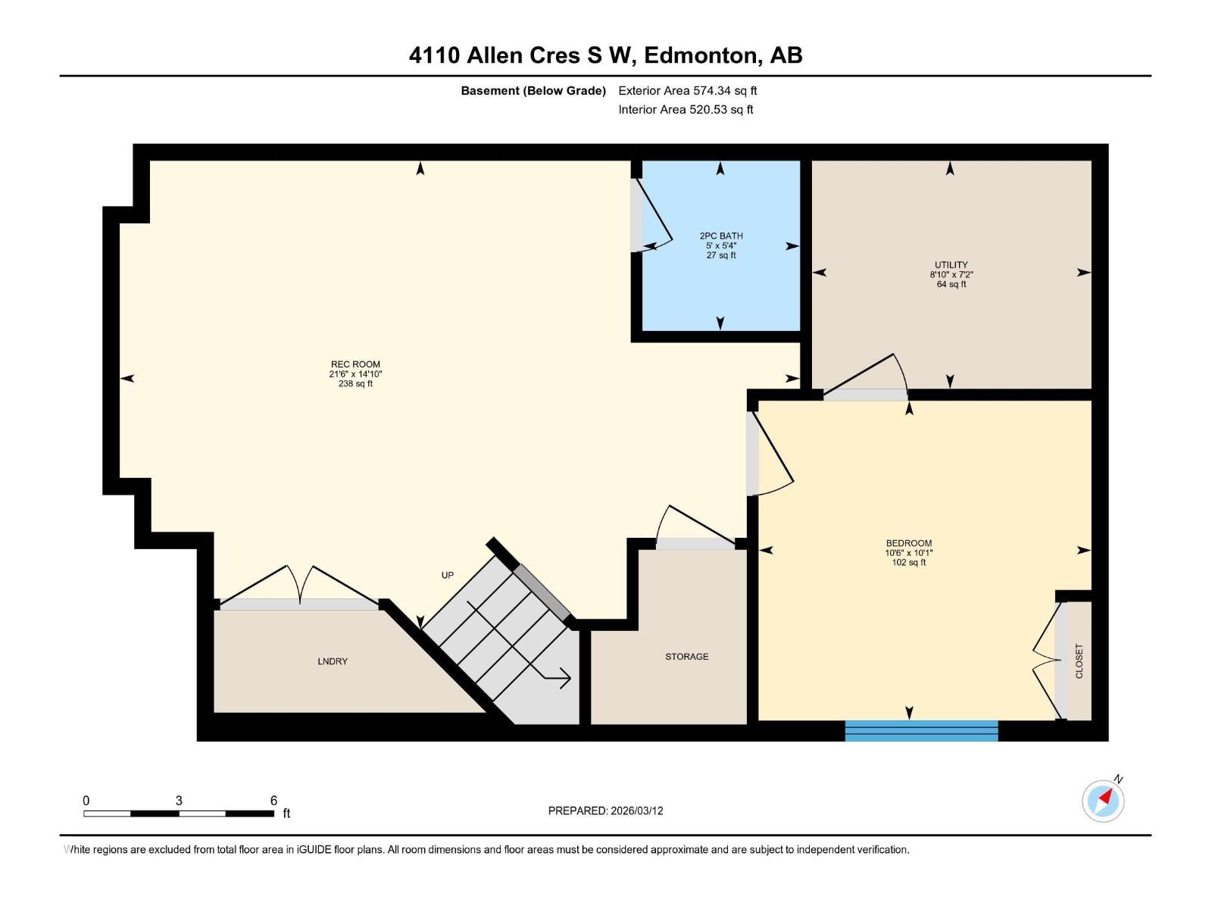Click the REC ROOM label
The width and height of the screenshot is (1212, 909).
pyautogui.click(x=355, y=364)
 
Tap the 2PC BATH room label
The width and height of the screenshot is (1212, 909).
pyautogui.click(x=720, y=236)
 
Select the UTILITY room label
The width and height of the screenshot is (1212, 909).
pyautogui.click(x=951, y=265)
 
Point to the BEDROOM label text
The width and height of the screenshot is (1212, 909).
pyautogui.click(x=908, y=543)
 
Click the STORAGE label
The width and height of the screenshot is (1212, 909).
pyautogui.click(x=686, y=657)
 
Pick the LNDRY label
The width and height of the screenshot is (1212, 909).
pyautogui.click(x=333, y=661)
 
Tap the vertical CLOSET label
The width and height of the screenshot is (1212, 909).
pyautogui.click(x=1079, y=661)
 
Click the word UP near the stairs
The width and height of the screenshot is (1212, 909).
pyautogui.click(x=448, y=575)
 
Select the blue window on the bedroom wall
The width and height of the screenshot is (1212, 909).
pyautogui.click(x=921, y=731)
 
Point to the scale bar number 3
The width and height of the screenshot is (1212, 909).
pyautogui.click(x=179, y=801)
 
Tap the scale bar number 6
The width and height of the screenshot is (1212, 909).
pyautogui.click(x=273, y=801)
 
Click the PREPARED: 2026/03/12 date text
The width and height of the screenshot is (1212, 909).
pyautogui.click(x=605, y=811)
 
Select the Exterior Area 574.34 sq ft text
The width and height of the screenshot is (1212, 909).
pyautogui.click(x=687, y=91)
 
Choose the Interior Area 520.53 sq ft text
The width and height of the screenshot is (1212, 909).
pyautogui.click(x=686, y=110)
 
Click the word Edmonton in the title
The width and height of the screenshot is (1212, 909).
pyautogui.click(x=701, y=55)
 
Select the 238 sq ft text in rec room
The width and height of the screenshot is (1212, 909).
pyautogui.click(x=355, y=384)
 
